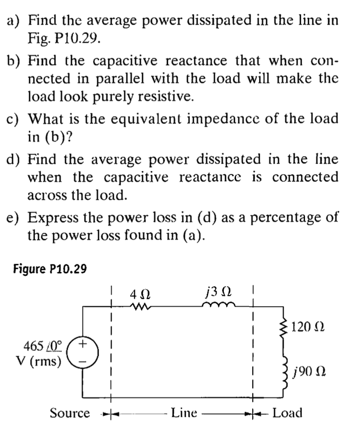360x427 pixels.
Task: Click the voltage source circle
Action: (x=82, y=352)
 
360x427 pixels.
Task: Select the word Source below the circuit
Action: (x=70, y=413)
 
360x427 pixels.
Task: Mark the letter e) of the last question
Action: (x=16, y=218)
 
